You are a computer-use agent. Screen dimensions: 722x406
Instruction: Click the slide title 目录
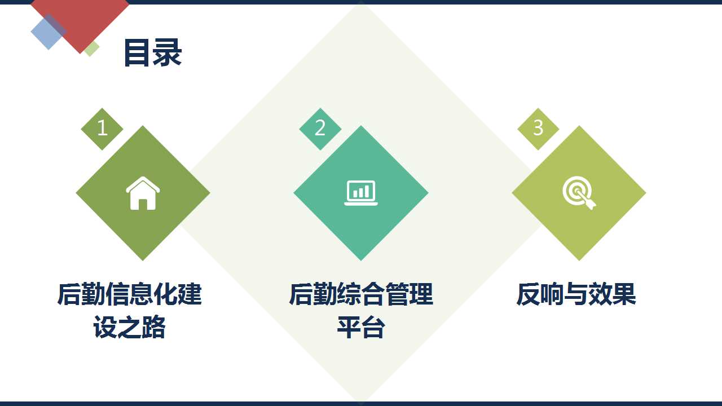(153, 53)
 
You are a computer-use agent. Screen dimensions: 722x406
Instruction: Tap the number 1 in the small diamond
(102, 128)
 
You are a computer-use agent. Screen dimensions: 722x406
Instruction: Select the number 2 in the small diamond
(320, 127)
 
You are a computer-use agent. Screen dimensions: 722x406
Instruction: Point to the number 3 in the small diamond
(538, 127)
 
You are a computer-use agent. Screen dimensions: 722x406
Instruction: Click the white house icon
(143, 193)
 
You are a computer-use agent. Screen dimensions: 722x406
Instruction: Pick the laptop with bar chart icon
(360, 193)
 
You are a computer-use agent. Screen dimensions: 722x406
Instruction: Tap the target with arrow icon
(579, 193)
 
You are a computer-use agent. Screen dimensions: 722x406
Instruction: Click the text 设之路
(130, 328)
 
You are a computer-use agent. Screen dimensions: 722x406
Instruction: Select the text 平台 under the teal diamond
(360, 328)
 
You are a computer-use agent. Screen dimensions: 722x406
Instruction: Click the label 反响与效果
(576, 294)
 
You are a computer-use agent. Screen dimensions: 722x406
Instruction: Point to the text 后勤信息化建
(130, 294)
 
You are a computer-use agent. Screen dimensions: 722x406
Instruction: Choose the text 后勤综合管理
(360, 294)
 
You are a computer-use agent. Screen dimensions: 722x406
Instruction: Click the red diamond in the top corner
(80, 19)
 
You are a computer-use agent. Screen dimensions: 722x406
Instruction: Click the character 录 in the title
(168, 53)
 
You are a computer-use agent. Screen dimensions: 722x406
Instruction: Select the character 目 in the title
(138, 53)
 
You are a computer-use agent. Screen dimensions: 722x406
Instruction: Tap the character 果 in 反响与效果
(624, 294)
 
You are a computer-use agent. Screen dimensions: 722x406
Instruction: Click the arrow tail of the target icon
(592, 205)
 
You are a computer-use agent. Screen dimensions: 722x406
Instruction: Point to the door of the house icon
(143, 204)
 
